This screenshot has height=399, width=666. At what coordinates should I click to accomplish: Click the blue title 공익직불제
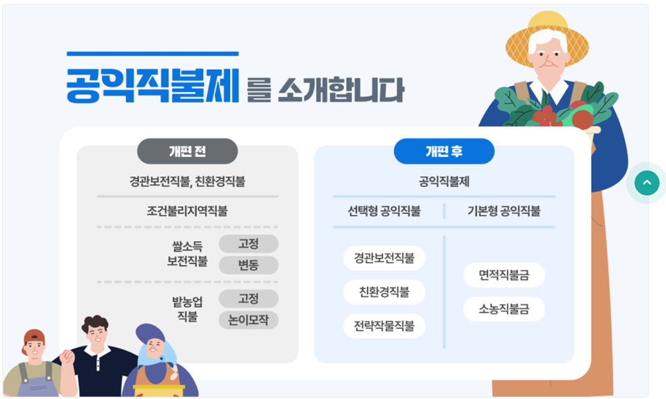tap(153, 86)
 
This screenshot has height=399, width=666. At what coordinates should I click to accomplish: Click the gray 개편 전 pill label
tap(187, 151)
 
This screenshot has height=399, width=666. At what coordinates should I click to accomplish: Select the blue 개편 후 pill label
tap(444, 151)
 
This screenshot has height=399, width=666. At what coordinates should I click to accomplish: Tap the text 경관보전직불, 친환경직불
tap(187, 182)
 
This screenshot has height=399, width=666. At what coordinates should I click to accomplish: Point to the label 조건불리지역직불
tap(187, 211)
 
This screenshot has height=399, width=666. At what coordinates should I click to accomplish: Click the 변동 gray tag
tap(248, 265)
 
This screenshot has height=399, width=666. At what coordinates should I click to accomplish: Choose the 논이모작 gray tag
tap(248, 320)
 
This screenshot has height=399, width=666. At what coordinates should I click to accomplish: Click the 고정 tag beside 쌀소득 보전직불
tap(248, 244)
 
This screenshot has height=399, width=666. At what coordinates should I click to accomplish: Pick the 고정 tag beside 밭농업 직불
tap(248, 299)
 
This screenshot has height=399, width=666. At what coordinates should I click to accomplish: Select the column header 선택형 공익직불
tap(384, 211)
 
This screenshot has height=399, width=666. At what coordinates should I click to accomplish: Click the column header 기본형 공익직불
tap(504, 211)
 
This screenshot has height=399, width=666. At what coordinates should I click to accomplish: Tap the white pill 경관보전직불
tap(384, 258)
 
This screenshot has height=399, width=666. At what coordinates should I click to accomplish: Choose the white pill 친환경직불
tap(384, 292)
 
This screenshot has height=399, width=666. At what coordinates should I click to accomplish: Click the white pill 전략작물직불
tap(384, 326)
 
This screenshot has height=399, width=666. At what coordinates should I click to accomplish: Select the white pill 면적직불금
tap(504, 275)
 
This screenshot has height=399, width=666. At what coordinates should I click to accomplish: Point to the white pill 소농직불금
tap(504, 309)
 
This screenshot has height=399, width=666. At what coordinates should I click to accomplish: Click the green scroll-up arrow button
tap(647, 182)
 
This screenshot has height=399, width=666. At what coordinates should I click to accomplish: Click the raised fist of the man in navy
tap(67, 358)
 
